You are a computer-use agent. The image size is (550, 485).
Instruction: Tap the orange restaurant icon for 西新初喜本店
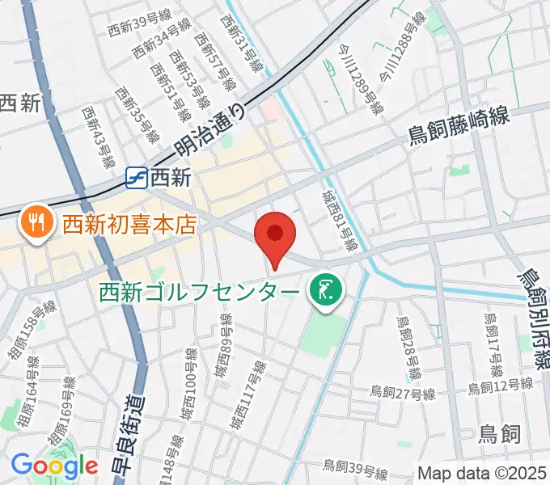pyautogui.click(x=36, y=220)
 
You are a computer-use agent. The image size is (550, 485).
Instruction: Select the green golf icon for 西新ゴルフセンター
pyautogui.click(x=325, y=289)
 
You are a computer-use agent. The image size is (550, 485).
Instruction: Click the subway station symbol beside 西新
pyautogui.click(x=137, y=177)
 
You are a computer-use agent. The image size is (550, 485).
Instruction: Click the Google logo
pyautogui.click(x=54, y=466)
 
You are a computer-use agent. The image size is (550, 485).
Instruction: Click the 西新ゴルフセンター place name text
pyautogui.click(x=201, y=289)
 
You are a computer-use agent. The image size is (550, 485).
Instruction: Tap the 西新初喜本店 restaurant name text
pyautogui.click(x=129, y=221)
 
